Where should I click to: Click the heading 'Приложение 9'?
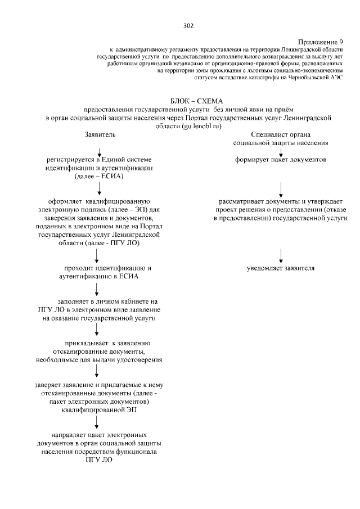point(320,42)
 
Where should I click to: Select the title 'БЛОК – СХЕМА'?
point(188,100)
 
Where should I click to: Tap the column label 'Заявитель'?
point(100,136)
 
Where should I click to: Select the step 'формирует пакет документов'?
point(281,160)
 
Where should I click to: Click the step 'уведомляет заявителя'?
point(281,268)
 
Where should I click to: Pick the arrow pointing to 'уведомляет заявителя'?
point(281,254)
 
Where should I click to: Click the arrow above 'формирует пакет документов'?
point(281,151)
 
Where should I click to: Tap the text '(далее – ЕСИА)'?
point(99,176)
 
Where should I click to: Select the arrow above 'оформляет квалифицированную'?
point(99,190)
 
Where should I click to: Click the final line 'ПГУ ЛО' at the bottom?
point(99,460)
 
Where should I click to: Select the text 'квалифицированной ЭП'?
point(99,410)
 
